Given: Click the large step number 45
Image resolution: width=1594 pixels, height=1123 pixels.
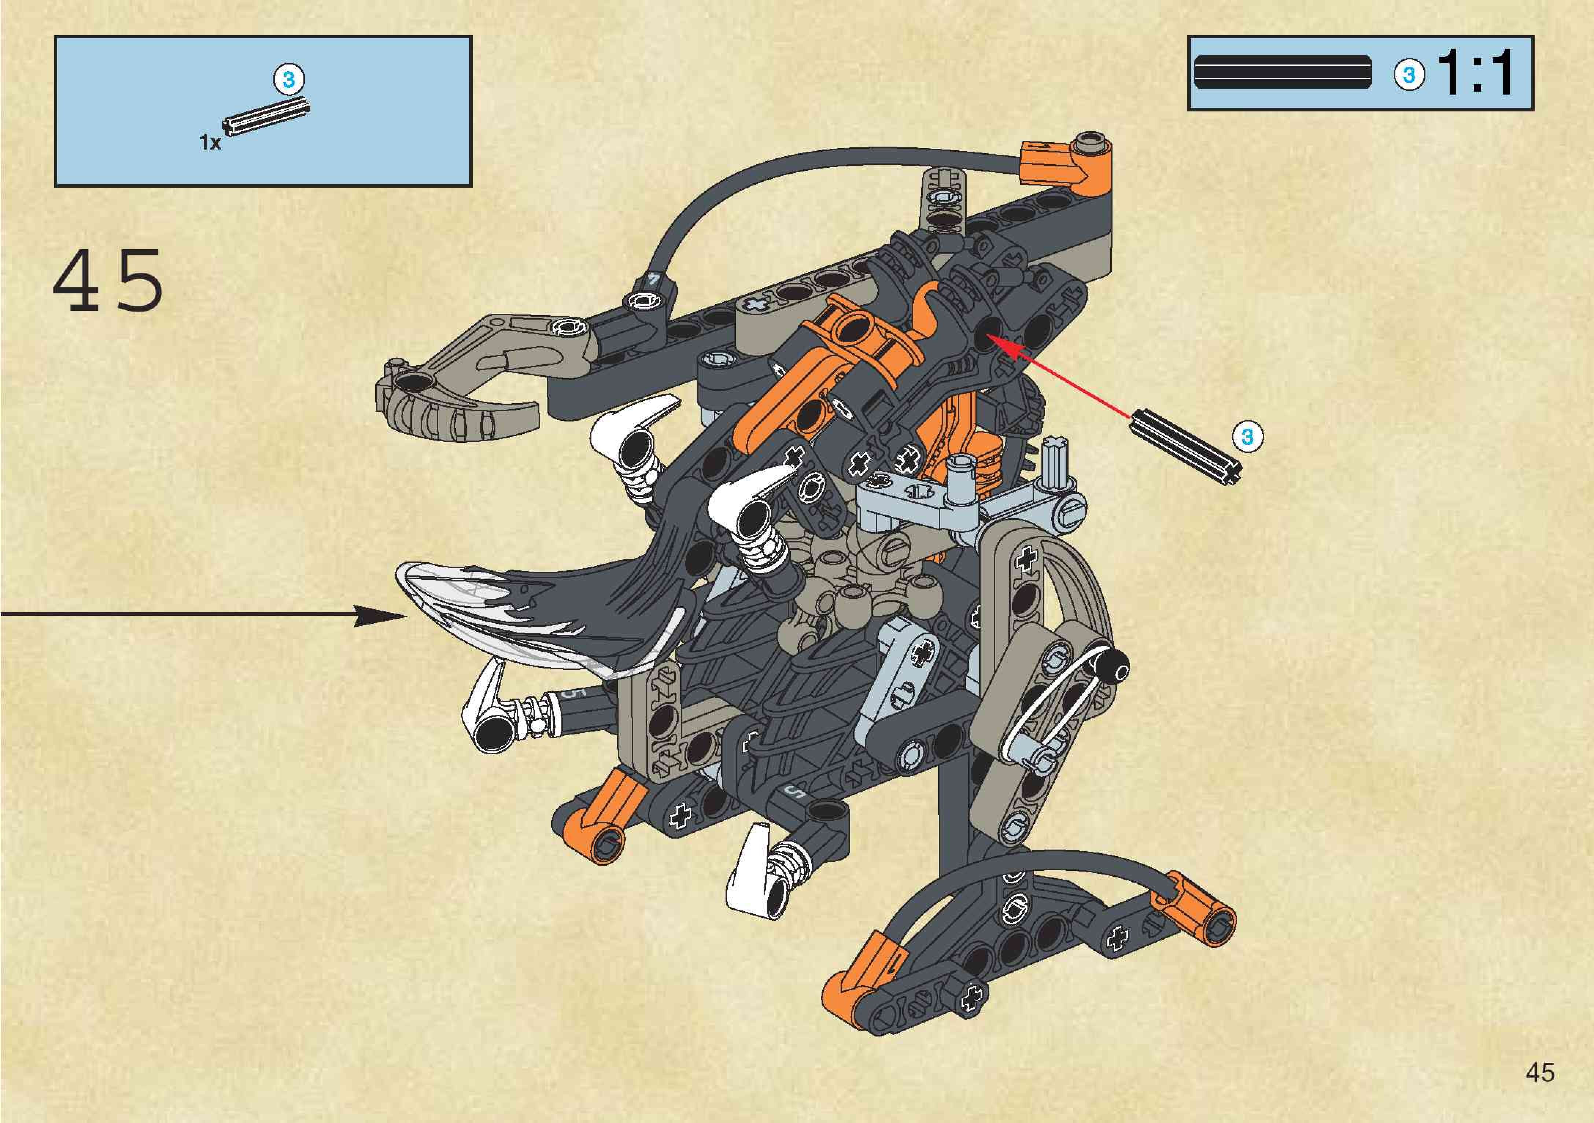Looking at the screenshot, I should [x=108, y=281].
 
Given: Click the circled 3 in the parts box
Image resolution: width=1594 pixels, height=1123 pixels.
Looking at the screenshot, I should [x=289, y=79].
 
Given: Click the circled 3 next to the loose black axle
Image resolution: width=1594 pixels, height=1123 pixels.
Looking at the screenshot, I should [x=1248, y=437].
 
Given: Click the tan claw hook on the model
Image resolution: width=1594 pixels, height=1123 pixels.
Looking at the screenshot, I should [x=458, y=389].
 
